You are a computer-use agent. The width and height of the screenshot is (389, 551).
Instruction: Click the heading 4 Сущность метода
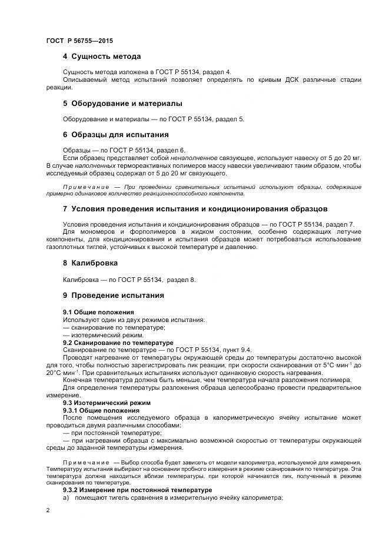click(102, 57)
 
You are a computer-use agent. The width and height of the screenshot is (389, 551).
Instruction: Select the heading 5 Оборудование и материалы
click(122, 103)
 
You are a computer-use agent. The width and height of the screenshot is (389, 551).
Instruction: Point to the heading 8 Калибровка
click(90, 263)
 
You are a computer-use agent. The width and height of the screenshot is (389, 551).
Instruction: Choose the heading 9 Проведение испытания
click(113, 295)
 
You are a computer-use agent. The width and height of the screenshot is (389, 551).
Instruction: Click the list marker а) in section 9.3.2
click(67, 497)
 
